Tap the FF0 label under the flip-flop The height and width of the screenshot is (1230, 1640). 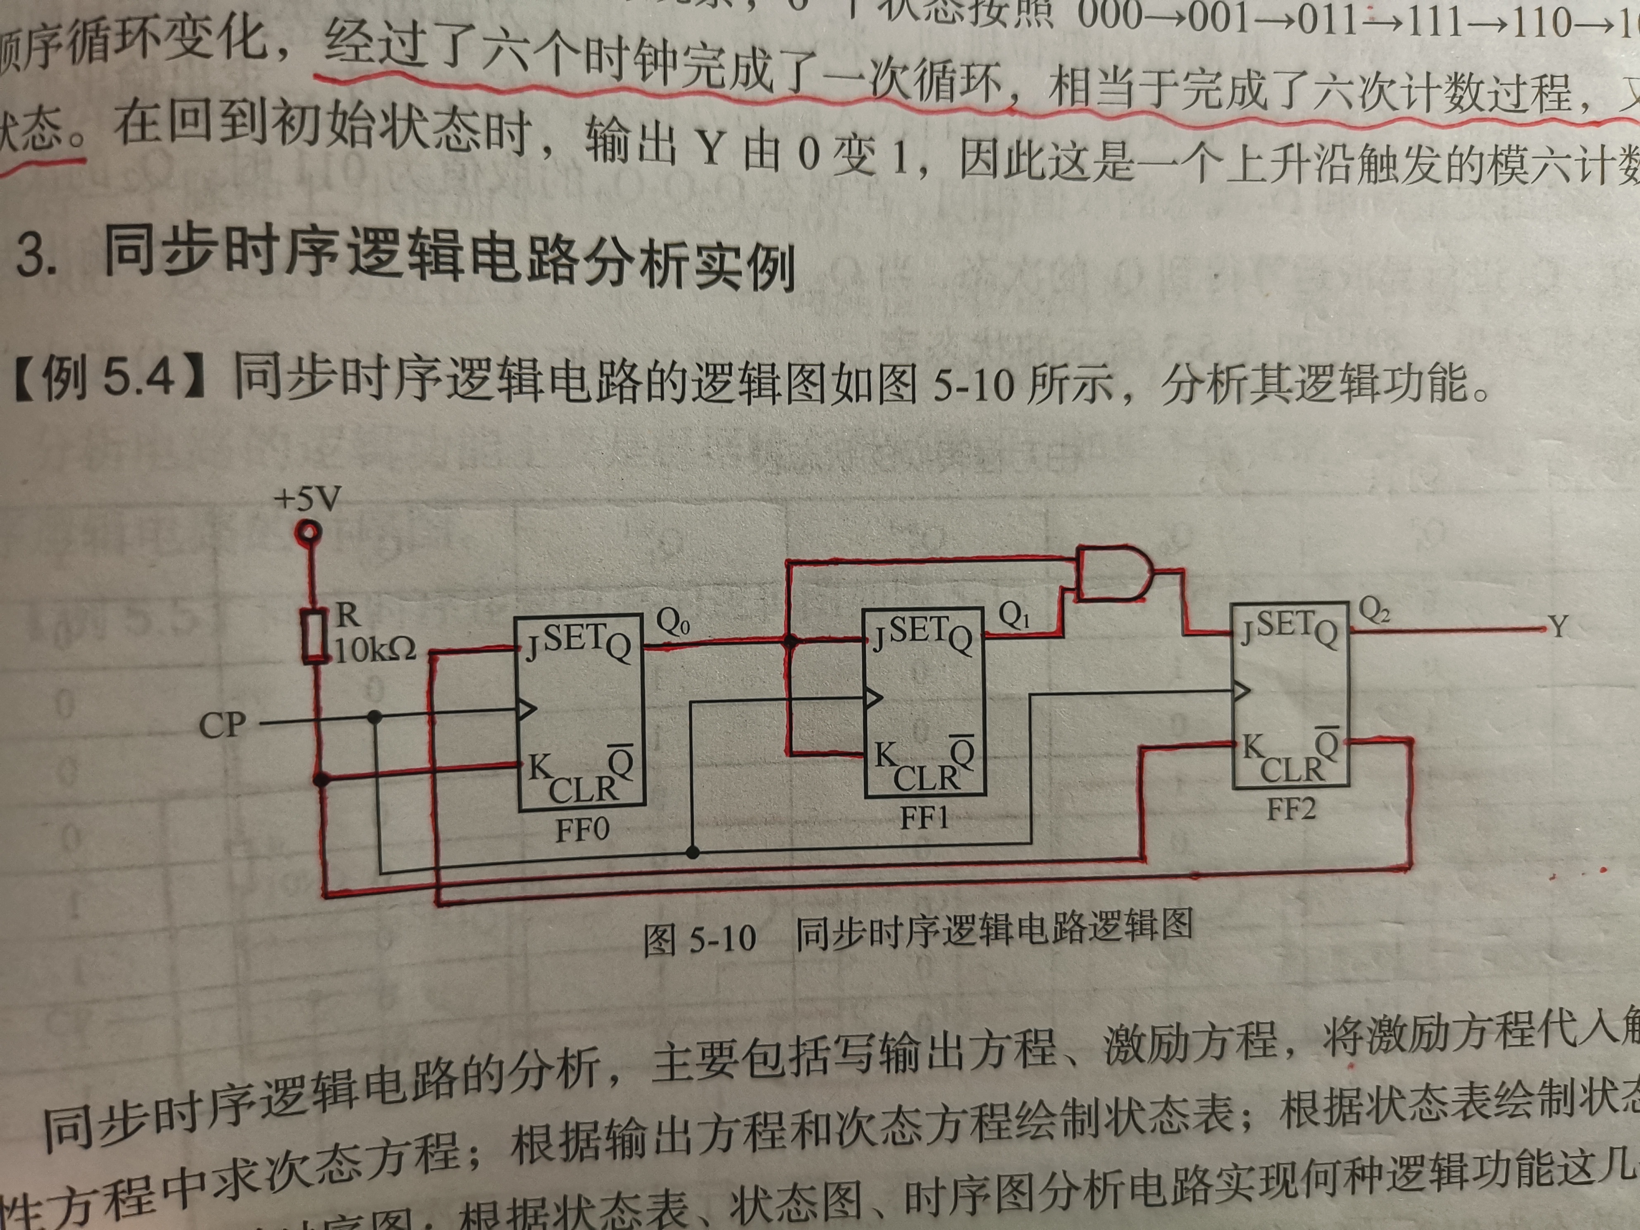[582, 829]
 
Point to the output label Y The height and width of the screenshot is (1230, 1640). [1558, 627]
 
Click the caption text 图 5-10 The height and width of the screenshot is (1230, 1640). [699, 939]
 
